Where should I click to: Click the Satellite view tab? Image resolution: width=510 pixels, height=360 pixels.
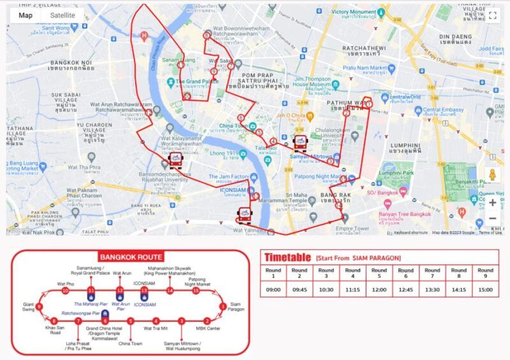(62, 15)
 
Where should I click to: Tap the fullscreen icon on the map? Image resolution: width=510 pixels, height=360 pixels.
(492, 15)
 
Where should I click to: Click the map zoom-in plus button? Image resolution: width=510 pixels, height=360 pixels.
(492, 203)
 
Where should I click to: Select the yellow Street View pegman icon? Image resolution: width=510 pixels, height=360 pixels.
(492, 175)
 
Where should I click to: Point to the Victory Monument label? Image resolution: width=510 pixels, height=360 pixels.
(354, 12)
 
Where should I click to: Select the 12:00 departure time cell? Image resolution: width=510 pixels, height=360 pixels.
(379, 289)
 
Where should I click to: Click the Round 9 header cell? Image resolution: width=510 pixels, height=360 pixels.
(485, 272)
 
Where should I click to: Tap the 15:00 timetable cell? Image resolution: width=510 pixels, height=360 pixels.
(485, 289)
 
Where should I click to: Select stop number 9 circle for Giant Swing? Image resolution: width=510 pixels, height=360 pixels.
(40, 306)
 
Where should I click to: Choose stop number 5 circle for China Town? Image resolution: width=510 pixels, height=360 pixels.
(130, 320)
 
